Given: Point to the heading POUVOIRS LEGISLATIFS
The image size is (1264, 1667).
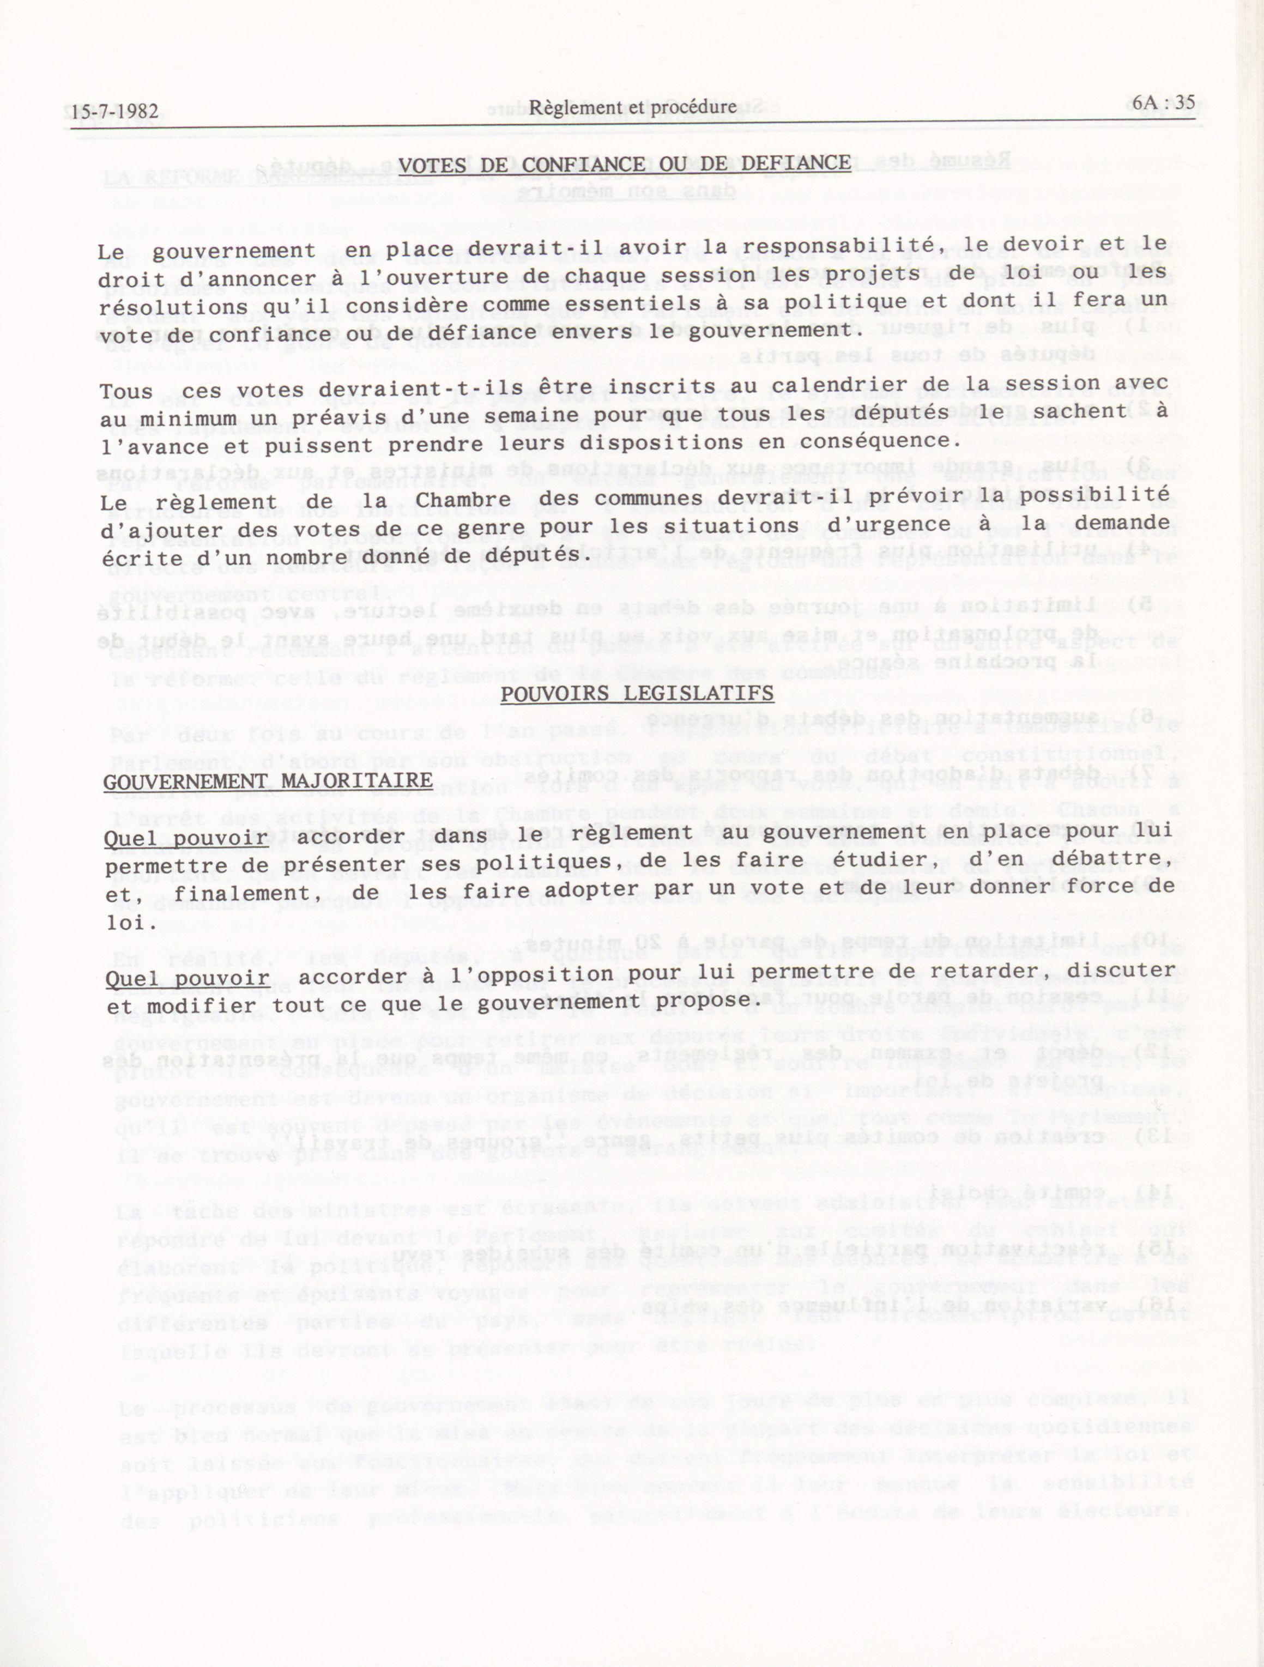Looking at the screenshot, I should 637,693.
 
